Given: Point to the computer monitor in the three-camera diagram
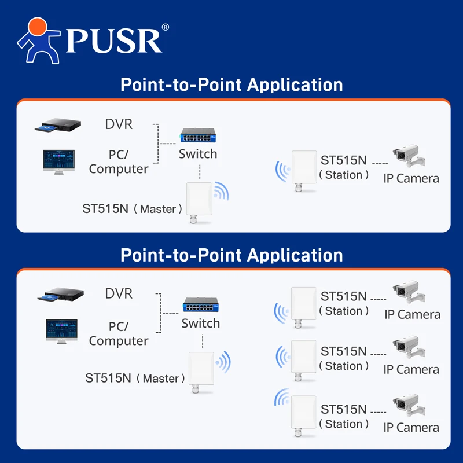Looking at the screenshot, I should (x=61, y=332).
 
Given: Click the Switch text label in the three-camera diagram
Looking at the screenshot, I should (x=201, y=324).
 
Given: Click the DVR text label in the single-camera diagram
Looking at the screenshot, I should (x=119, y=124).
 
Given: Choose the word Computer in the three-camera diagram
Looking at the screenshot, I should (x=119, y=341).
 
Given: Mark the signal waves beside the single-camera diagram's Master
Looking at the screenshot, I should (x=221, y=191).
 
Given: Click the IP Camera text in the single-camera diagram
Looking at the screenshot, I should (x=411, y=178).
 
